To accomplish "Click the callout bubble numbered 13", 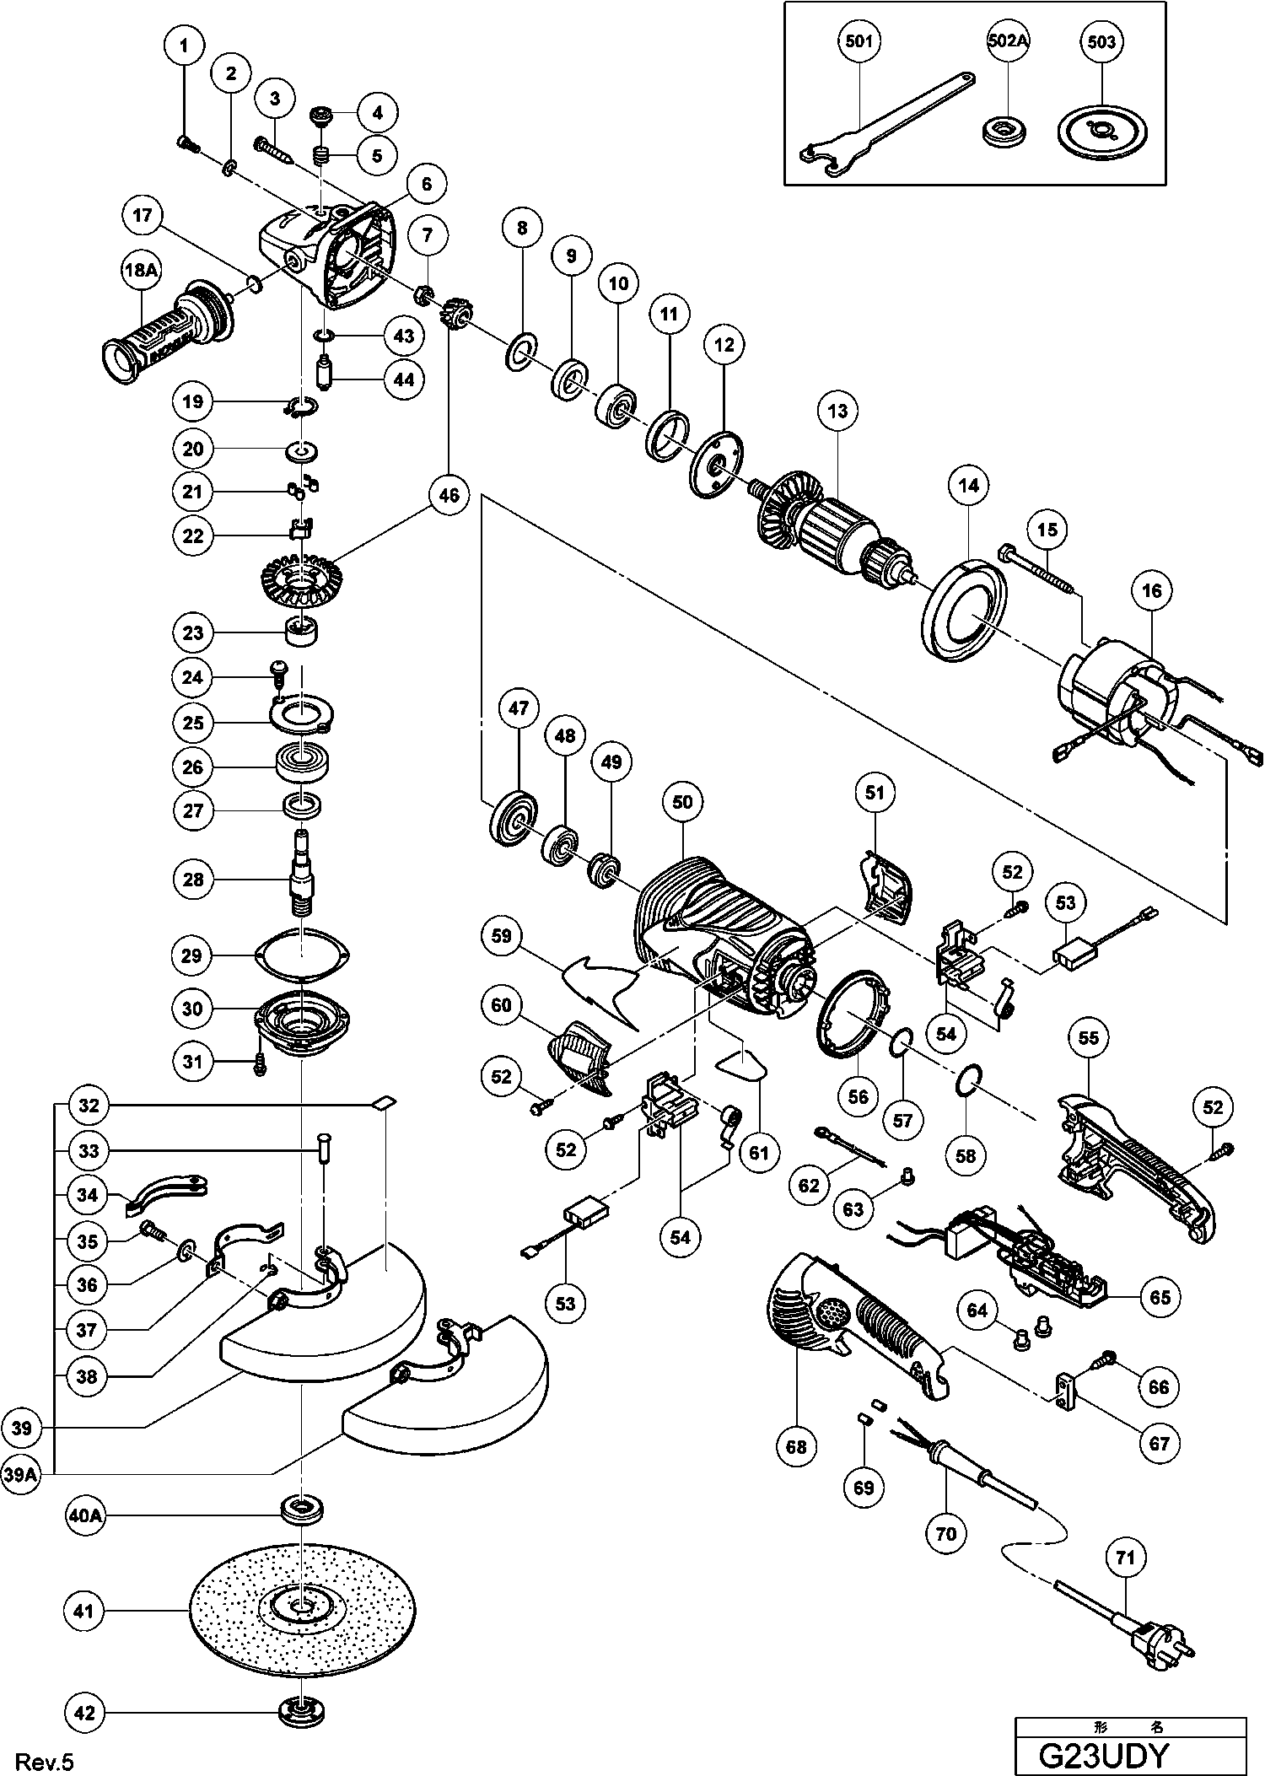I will [x=837, y=411].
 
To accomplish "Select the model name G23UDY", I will [x=1103, y=1754].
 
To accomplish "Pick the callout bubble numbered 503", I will [x=1101, y=42].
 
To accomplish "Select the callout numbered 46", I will [x=449, y=495].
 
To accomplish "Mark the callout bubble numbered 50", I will [x=682, y=800].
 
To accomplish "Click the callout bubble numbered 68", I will [x=796, y=1447].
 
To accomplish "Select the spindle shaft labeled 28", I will [x=302, y=877].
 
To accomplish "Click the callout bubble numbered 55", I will [x=1089, y=1037].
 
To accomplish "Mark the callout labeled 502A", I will [x=1009, y=42].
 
